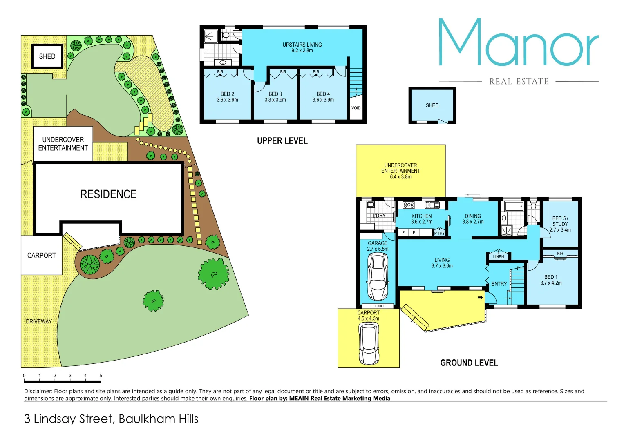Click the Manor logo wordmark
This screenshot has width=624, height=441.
(518, 43)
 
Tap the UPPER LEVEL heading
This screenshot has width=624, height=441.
(282, 141)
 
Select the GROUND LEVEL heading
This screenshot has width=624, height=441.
(469, 363)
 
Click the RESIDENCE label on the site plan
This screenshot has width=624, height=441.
(108, 194)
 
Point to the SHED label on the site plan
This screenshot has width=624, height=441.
(47, 56)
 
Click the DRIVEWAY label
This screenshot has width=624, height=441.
(39, 321)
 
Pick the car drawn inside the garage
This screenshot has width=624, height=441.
(378, 276)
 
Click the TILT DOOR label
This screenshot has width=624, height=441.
(378, 306)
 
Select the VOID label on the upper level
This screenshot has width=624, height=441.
(356, 108)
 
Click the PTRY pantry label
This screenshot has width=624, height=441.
(439, 233)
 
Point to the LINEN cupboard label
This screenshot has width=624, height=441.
(499, 257)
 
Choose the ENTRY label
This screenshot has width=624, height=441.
(499, 284)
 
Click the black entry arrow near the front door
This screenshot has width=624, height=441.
(481, 297)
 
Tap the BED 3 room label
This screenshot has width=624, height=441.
(275, 97)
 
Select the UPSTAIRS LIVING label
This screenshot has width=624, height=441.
(302, 47)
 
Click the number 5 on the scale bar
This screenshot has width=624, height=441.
(101, 376)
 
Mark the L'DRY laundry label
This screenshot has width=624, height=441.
(379, 216)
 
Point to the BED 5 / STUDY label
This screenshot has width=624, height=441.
(560, 224)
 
